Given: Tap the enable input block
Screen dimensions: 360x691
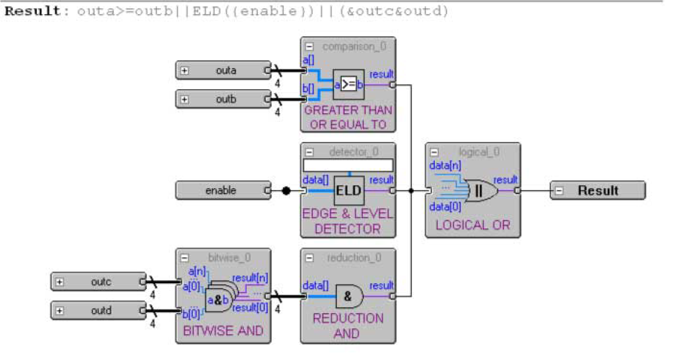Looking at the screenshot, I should pos(221,191).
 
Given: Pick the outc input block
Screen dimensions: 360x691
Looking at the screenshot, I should pos(99,281).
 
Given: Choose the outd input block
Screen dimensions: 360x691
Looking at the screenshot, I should pos(99,310).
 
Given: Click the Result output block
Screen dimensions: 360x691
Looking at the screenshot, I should pos(597,191).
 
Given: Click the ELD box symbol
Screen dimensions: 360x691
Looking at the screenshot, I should pos(349,191).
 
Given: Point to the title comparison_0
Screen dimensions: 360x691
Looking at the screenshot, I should pos(354,46).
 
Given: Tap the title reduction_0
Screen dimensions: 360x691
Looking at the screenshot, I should pos(354,257).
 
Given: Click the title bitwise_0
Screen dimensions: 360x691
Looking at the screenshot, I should pos(229,257).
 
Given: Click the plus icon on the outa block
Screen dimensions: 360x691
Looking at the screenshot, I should pos(185,70).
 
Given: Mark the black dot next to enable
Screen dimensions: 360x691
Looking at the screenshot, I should pos(286,191).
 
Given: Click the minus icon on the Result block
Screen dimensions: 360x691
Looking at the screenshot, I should pos(559,191).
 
